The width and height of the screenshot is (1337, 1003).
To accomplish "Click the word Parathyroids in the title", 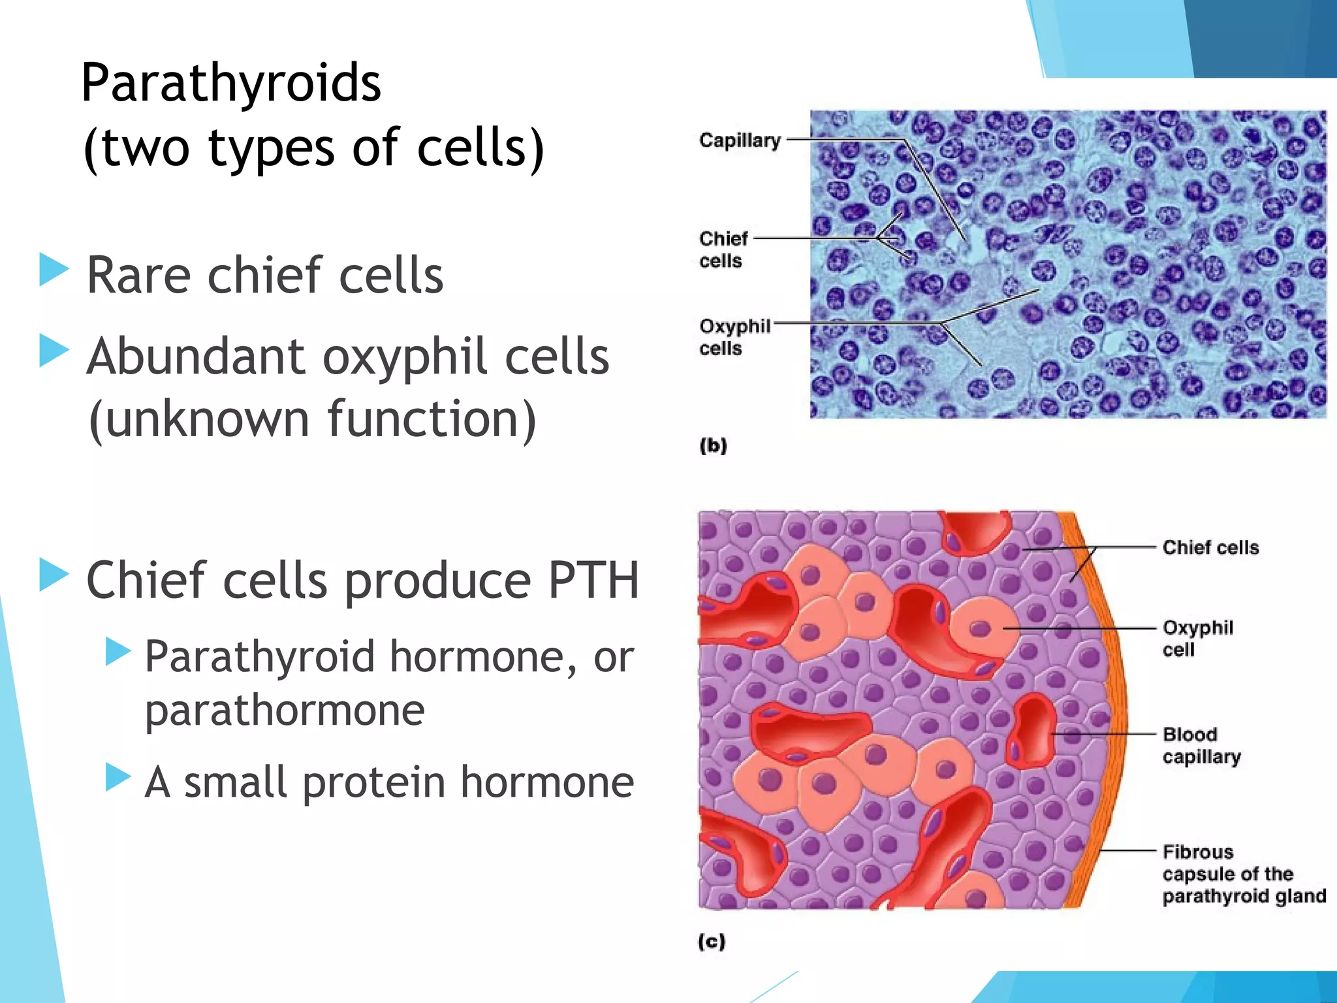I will coord(230,84).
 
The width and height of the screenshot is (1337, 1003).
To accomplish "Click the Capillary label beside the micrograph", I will coord(740,140).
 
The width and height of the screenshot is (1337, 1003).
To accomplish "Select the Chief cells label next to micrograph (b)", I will coord(723,249).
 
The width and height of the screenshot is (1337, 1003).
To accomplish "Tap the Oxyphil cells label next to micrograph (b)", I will coord(734,337).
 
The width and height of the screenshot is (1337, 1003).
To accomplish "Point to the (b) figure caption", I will coord(713,446).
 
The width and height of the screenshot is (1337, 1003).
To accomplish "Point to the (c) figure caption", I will coord(712,942).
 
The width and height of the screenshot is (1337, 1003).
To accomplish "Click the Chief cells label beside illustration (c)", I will coord(1210,547).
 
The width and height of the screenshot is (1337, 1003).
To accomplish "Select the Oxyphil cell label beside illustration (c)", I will coord(1197,639).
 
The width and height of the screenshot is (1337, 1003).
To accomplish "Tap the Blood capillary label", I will coord(1201,746).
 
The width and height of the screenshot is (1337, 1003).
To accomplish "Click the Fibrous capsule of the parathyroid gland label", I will coord(1243,874).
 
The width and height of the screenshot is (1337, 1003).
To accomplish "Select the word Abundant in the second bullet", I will coord(196,357).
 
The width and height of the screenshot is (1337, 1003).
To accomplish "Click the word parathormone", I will coord(285,710).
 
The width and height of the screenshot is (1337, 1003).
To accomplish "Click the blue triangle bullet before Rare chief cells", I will coord(53,269).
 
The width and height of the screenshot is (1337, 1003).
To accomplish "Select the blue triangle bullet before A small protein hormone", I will coord(118,777).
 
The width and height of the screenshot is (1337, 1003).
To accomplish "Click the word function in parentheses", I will coord(422,419).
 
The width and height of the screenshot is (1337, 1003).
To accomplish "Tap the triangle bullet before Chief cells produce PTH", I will coord(53,575).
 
